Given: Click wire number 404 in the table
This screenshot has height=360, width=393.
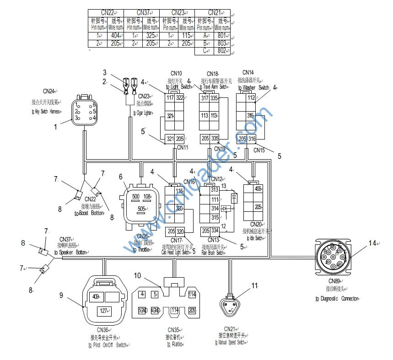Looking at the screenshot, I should [x=115, y=35].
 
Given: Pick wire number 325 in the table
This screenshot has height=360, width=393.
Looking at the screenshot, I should [x=151, y=35].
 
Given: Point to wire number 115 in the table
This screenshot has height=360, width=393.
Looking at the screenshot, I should [x=186, y=35].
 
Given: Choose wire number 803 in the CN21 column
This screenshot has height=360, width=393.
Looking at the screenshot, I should [x=222, y=43].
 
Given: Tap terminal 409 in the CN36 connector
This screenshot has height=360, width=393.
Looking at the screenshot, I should [x=96, y=296].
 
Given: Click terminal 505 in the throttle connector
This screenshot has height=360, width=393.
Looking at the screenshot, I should [x=141, y=209].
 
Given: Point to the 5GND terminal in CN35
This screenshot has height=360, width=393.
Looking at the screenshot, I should [x=143, y=311].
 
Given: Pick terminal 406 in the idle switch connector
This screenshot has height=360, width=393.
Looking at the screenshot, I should [x=258, y=189].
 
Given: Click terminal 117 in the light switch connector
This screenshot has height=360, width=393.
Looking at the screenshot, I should [x=170, y=97].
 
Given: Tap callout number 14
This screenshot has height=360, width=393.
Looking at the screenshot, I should [x=373, y=243].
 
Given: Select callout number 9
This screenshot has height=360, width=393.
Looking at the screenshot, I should [x=61, y=295].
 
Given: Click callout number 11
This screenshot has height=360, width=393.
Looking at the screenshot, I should [x=254, y=286].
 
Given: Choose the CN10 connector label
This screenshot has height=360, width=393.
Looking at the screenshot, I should [x=176, y=73].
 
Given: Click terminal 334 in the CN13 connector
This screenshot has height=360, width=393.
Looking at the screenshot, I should [x=215, y=231].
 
